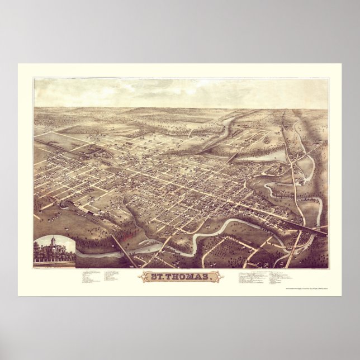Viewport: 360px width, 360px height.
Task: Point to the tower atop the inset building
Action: point(54,241)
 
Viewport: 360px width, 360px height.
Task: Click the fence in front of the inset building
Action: point(54,259)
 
